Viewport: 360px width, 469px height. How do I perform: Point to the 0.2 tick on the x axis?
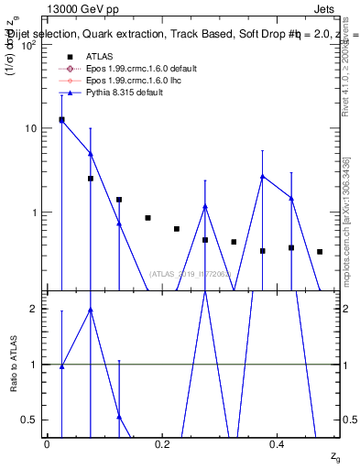tap(162, 443)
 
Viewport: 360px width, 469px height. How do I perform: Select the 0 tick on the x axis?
tap(47, 443)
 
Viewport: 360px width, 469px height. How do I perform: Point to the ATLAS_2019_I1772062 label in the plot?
tap(190, 274)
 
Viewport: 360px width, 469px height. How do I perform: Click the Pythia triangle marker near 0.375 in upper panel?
tap(263, 176)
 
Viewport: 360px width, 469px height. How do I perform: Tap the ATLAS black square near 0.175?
tap(147, 218)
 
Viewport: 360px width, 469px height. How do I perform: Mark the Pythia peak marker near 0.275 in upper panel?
tap(205, 206)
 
